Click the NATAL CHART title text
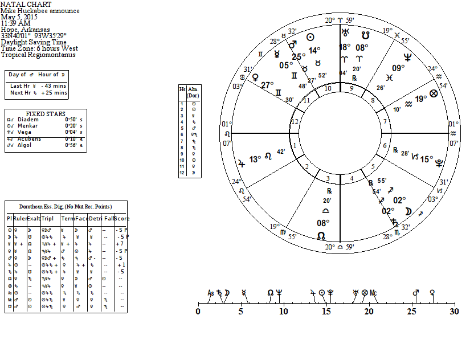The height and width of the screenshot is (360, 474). click(x=22, y=4)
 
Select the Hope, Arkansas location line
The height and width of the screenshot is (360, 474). click(x=25, y=30)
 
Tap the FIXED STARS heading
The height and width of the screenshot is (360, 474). click(x=46, y=114)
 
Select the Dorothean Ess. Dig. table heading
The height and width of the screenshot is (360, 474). click(x=66, y=206)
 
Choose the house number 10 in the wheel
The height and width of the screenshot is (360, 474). click(x=328, y=88)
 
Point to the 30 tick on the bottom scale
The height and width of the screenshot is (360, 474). click(x=453, y=312)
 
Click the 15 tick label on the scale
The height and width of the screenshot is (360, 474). click(x=326, y=312)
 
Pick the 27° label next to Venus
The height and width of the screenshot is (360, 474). click(x=267, y=85)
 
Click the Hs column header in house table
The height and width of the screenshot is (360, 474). click(x=182, y=89)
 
